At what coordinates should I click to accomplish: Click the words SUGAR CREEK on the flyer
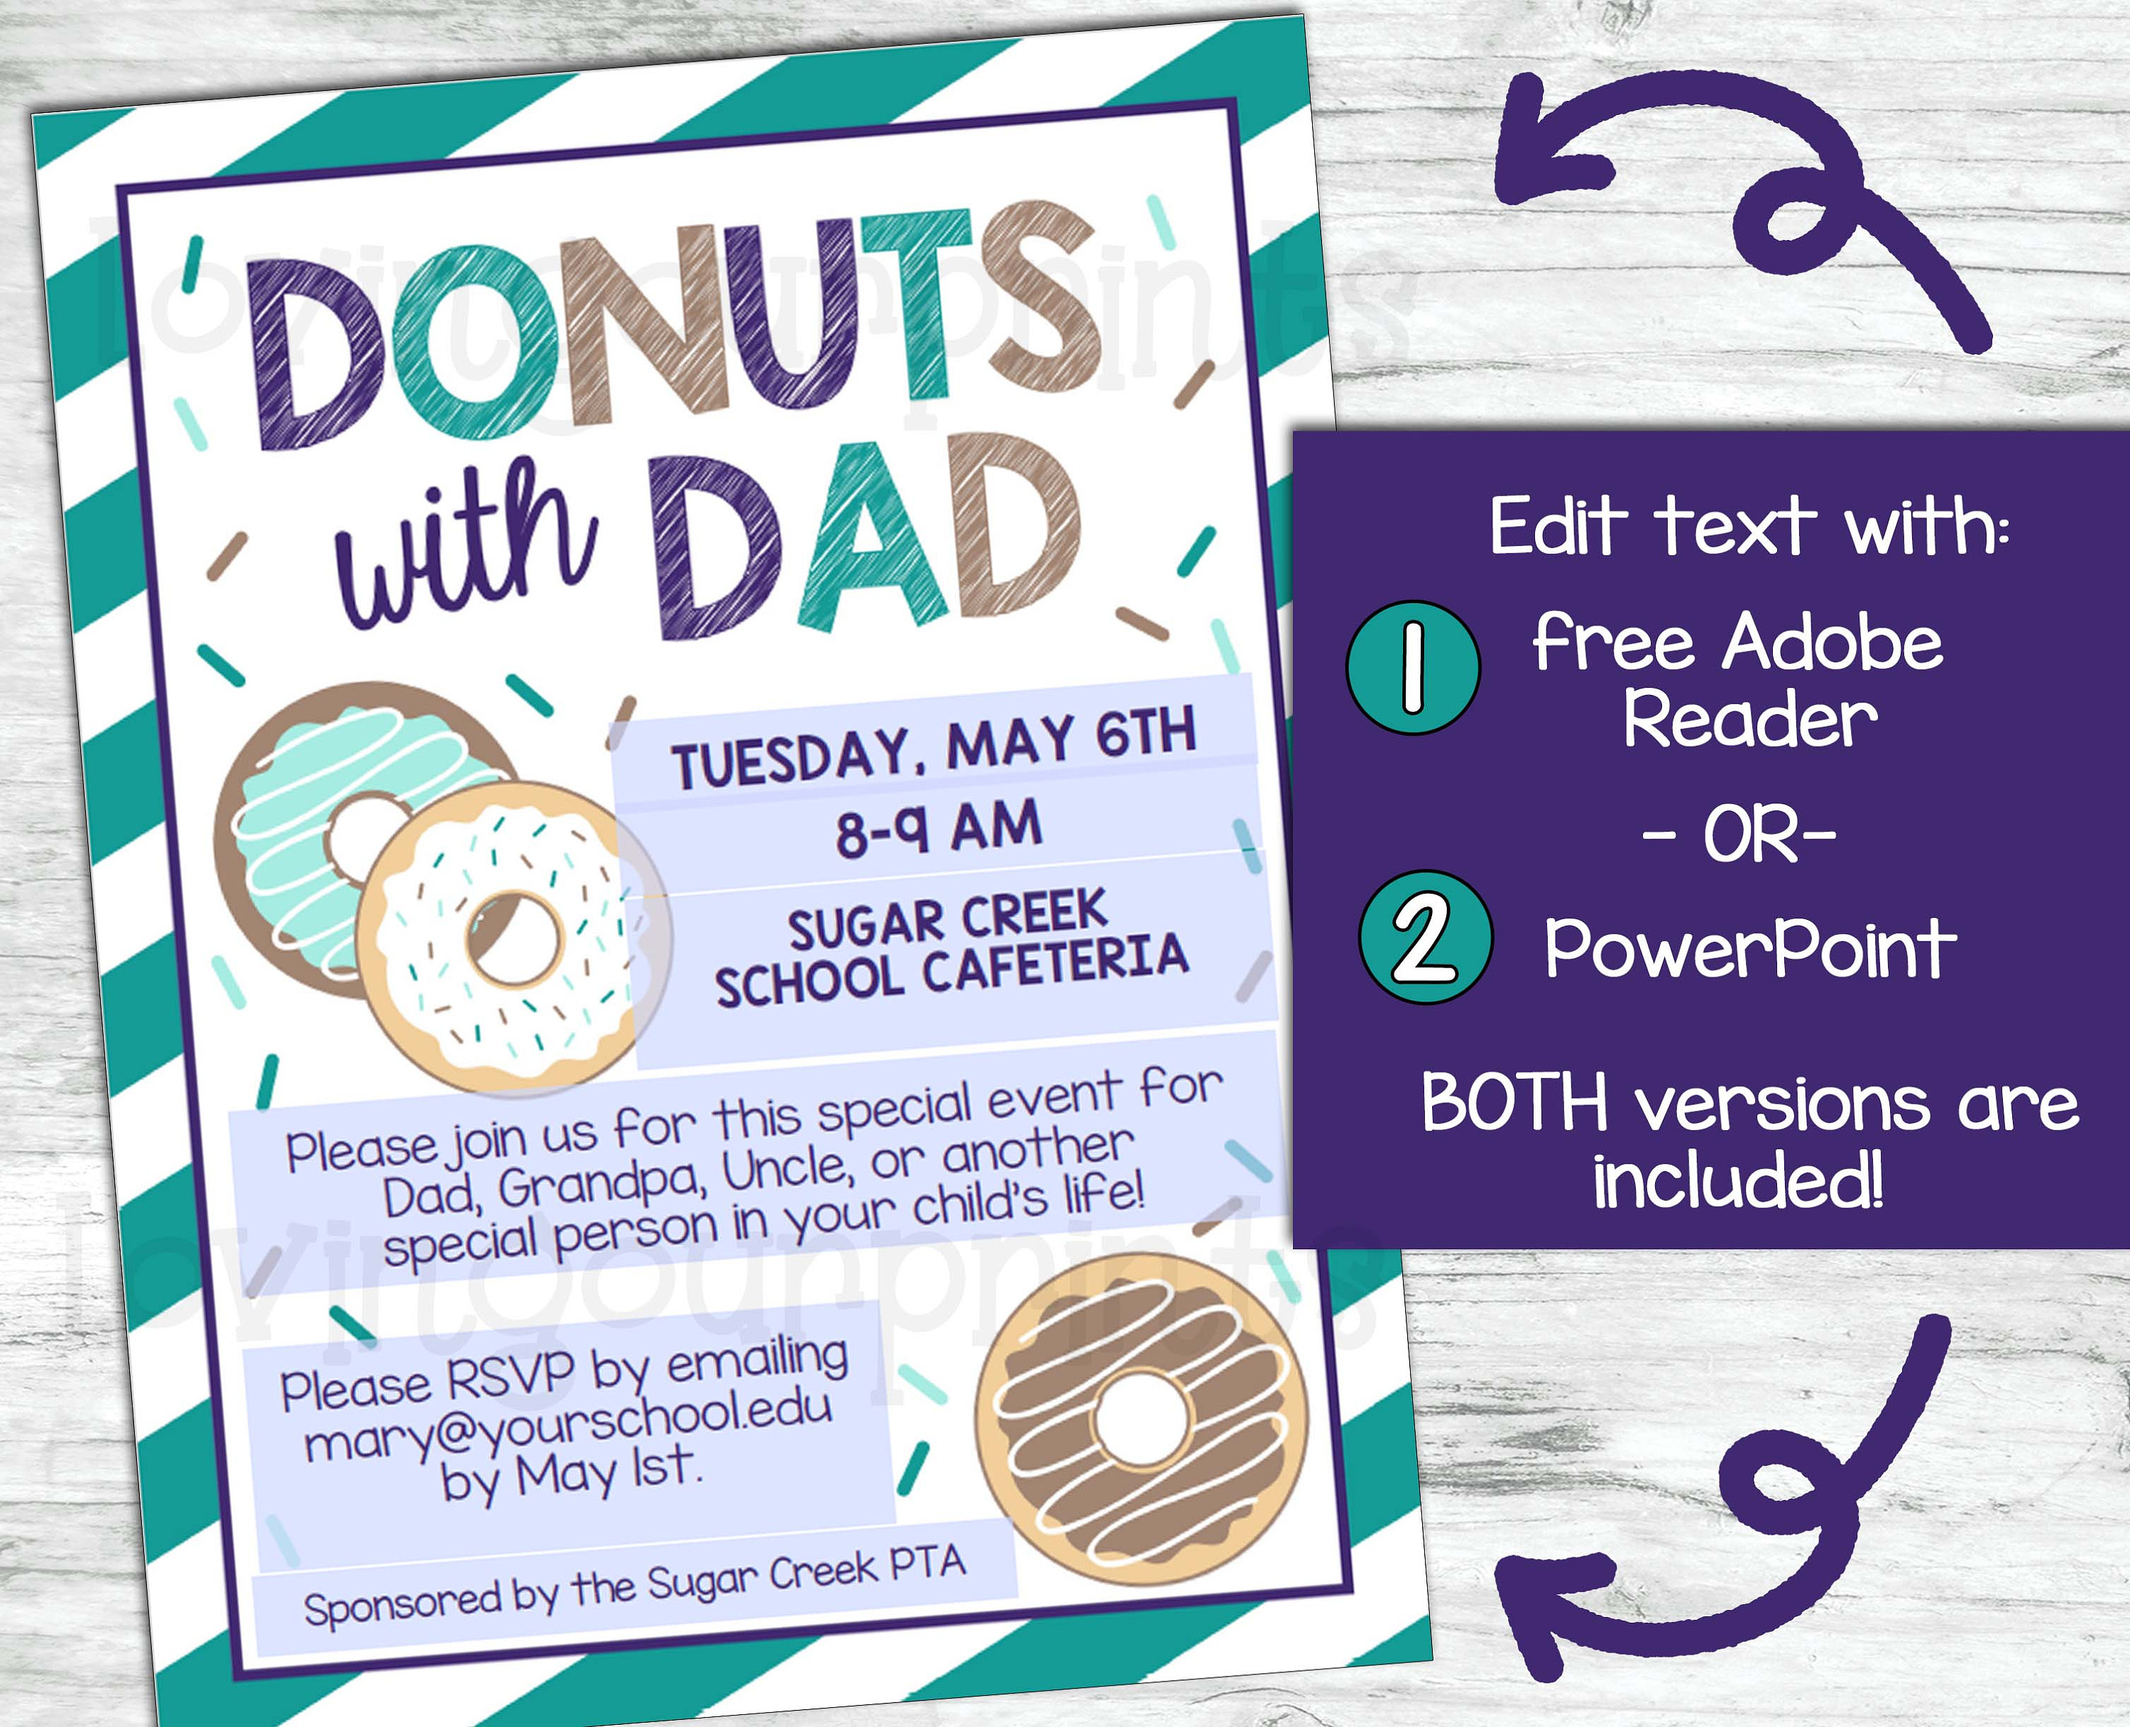pos(947,920)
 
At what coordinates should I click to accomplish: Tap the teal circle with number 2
pos(1426,937)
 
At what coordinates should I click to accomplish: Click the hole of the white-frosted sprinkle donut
pos(516,937)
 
